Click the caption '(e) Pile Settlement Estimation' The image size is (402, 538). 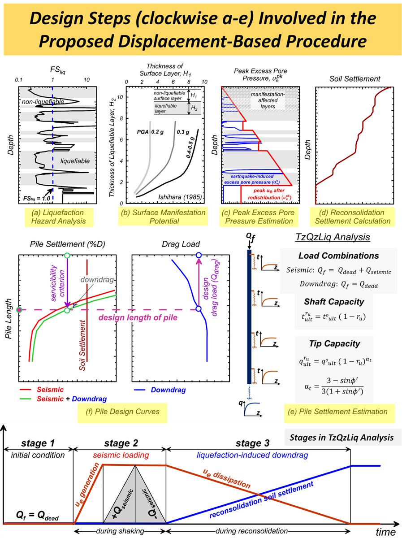[336, 411]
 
